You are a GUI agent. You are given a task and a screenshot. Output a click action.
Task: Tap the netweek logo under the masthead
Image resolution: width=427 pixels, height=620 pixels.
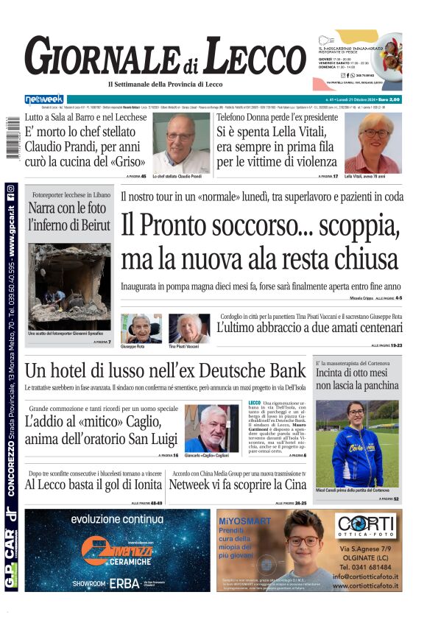tap(44, 99)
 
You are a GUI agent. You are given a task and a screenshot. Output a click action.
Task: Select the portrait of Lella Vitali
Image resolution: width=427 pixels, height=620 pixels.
tap(373, 142)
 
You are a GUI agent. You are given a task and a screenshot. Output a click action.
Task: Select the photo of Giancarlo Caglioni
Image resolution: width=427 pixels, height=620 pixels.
tap(211, 428)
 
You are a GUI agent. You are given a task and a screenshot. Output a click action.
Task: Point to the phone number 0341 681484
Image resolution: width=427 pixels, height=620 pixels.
tap(370, 567)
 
